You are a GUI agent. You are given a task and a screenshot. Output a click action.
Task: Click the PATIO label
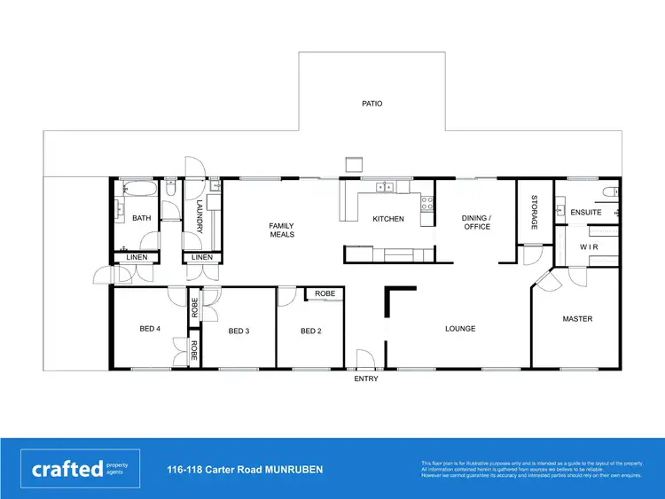click(372, 104)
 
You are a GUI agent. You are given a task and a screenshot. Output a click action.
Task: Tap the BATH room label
click(141, 218)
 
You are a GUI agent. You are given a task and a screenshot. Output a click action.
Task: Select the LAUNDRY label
click(199, 218)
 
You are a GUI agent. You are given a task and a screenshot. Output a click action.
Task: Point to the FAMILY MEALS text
click(281, 230)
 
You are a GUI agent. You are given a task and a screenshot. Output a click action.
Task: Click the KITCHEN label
click(387, 219)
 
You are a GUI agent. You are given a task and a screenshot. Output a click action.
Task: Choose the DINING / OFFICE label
click(476, 222)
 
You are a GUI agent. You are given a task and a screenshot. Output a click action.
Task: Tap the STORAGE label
click(535, 213)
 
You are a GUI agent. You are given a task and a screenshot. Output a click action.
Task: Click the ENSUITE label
click(586, 213)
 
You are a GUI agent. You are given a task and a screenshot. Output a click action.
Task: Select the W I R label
click(589, 247)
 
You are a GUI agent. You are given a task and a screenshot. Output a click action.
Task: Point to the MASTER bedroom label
click(577, 319)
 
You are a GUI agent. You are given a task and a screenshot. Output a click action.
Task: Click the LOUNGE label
click(460, 329)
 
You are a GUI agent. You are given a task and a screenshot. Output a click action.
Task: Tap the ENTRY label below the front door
click(365, 379)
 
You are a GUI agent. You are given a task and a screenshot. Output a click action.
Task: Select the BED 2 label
click(310, 331)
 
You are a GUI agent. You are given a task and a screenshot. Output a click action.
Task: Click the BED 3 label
click(239, 331)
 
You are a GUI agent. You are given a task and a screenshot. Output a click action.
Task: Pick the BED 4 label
click(150, 329)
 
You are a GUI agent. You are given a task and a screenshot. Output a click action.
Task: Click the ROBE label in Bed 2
click(325, 293)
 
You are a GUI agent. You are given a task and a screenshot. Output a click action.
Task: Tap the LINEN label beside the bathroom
click(137, 258)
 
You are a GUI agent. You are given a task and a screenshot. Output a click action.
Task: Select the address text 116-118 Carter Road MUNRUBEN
click(245, 469)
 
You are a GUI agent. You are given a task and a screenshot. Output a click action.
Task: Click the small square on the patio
click(354, 164)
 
